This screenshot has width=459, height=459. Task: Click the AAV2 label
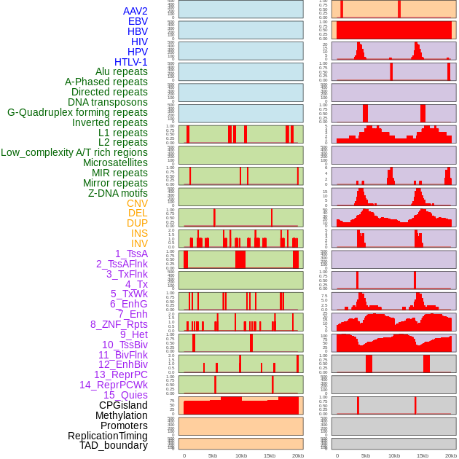coord(135,11)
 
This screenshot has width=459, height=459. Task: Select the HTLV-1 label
coord(130,62)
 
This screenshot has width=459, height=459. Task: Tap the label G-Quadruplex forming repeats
coord(77,112)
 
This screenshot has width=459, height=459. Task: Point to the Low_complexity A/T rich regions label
coord(74,152)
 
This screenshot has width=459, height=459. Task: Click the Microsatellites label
coord(115,162)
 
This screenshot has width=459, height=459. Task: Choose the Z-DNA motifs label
coord(118,193)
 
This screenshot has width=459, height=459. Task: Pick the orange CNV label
coord(137,203)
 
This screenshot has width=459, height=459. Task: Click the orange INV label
coord(139,243)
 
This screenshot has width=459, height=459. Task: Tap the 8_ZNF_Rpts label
coord(119,324)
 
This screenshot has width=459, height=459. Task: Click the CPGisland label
coord(123,405)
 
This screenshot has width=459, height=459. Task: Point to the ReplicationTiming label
coord(108,436)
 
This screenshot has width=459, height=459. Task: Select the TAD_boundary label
coord(114,445)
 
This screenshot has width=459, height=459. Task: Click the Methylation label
coord(121,415)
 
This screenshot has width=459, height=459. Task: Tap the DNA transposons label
coord(108,102)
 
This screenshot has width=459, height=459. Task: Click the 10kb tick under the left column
coord(240,455)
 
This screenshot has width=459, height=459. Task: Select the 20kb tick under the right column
coord(451,455)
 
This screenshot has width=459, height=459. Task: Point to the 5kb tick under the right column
coord(365,455)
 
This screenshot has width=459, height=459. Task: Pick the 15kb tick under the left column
coord(269,455)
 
